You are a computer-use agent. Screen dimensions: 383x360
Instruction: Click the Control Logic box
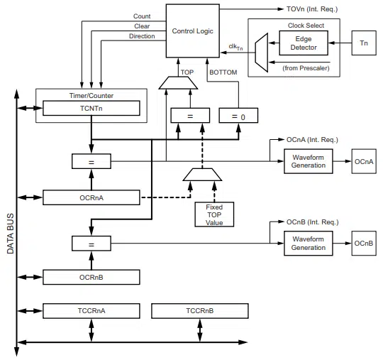point(192,31)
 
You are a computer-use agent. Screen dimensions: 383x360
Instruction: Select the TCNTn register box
point(91,108)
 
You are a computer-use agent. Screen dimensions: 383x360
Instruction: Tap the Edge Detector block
point(304,43)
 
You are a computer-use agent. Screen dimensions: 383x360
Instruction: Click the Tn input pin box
point(364,43)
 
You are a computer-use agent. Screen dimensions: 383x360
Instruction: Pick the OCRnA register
point(91,197)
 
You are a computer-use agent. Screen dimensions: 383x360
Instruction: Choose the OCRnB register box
point(91,277)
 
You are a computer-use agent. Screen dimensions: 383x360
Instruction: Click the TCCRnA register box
point(91,311)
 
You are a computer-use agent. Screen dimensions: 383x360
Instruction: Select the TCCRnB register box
point(200,311)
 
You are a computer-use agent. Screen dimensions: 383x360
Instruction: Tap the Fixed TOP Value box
point(214,214)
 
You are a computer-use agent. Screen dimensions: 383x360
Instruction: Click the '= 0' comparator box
point(238,115)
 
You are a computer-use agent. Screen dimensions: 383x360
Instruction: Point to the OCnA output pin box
point(364,161)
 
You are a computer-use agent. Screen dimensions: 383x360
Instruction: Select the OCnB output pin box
point(364,244)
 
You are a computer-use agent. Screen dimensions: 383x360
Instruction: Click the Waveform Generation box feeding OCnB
point(309,244)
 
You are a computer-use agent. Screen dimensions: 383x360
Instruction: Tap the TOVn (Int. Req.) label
point(312,9)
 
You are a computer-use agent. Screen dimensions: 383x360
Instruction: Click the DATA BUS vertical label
point(10,234)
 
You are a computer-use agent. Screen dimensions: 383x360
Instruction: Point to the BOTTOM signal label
point(223,72)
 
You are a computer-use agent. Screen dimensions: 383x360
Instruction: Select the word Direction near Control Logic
point(142,36)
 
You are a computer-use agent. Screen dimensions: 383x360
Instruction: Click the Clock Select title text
point(306,26)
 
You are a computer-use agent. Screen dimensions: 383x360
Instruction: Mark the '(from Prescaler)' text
point(306,68)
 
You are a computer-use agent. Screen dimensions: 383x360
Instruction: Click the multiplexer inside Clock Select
point(261,53)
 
